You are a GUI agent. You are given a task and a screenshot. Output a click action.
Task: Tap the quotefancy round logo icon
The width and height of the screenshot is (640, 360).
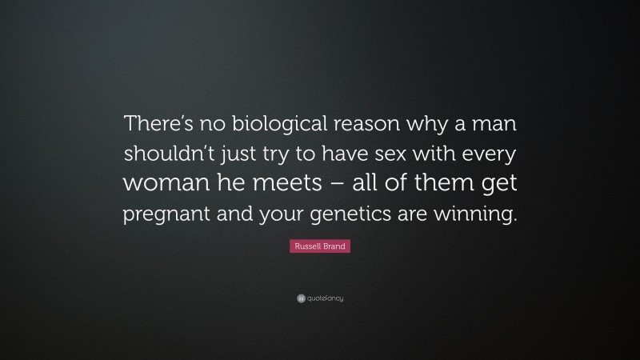pyautogui.click(x=301, y=298)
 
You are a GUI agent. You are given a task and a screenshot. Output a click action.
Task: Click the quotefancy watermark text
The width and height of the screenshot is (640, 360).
pyautogui.click(x=326, y=298)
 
